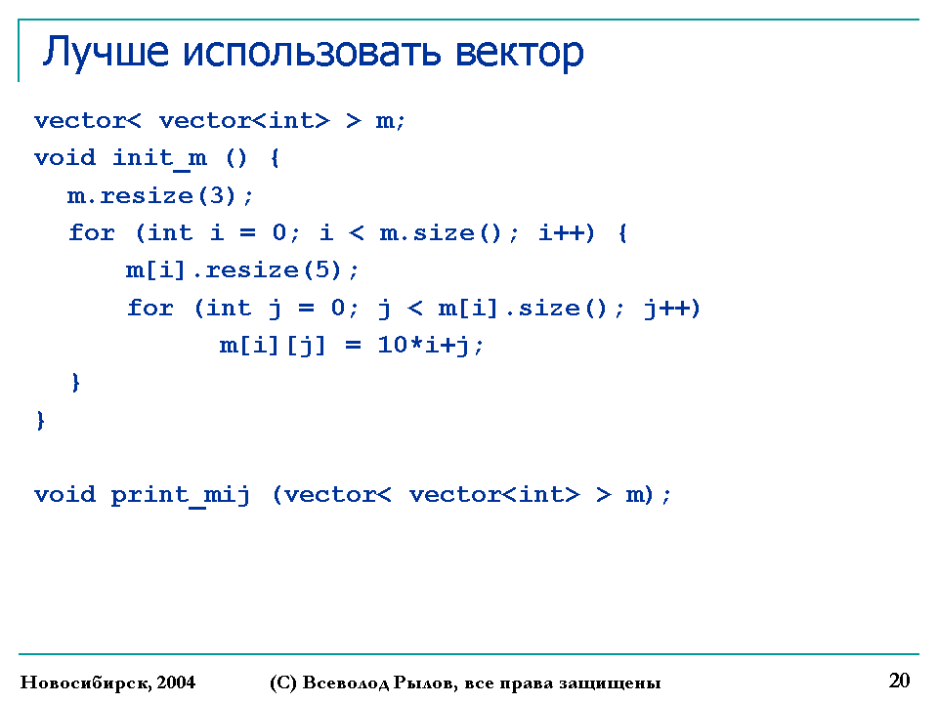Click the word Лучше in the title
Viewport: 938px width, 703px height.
(106, 53)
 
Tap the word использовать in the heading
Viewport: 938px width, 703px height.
(312, 52)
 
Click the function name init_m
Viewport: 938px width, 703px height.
(159, 159)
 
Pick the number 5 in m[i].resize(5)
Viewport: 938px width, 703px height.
(322, 270)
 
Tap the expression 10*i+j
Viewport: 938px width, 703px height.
(430, 346)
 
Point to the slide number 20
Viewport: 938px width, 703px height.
(900, 681)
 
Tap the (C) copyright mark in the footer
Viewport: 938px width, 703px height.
(283, 682)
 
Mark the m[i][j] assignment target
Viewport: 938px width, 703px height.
(273, 346)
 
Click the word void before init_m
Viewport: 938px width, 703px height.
(64, 158)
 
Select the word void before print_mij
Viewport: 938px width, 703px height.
(64, 494)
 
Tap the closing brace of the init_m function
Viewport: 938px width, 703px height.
(40, 420)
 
